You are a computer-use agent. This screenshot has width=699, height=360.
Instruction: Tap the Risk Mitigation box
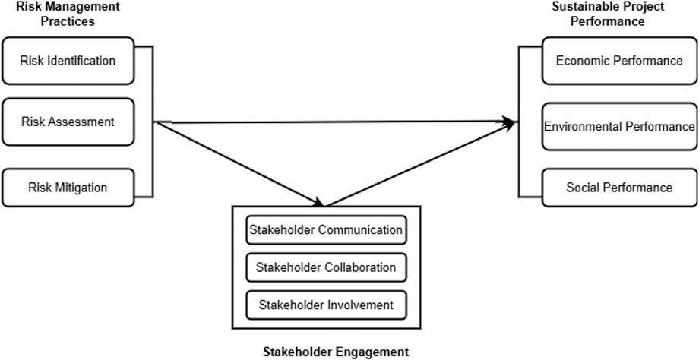coord(68,187)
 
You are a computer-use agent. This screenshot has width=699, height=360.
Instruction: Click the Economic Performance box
coord(618,61)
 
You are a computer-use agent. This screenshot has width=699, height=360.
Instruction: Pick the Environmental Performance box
coord(618,126)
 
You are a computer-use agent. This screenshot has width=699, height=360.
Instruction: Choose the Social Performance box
coord(618,187)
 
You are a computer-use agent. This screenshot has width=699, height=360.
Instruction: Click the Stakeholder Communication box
coord(325,229)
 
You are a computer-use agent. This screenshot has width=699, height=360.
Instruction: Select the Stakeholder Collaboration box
coord(325,267)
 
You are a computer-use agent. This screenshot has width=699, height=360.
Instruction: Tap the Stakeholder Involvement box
coord(325,305)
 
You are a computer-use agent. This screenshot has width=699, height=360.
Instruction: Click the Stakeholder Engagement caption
coord(335,352)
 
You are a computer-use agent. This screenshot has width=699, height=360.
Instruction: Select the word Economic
coord(581,61)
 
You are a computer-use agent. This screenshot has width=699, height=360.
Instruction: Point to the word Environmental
coord(584,126)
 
